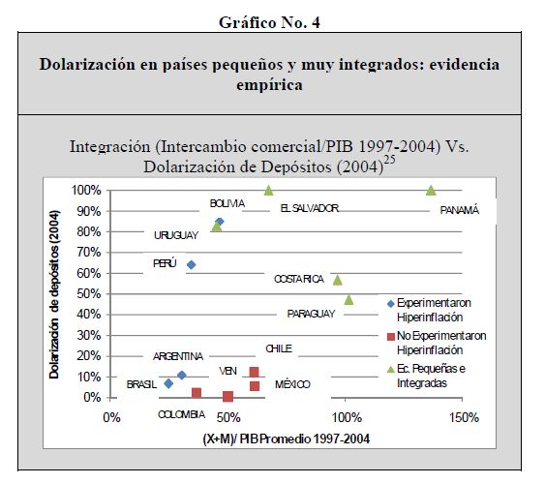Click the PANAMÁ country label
click(x=460, y=210)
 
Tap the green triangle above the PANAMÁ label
click(x=431, y=191)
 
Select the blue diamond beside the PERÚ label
click(x=191, y=265)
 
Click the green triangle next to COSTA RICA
click(x=338, y=280)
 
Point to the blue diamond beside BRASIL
click(x=168, y=383)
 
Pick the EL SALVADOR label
click(x=310, y=208)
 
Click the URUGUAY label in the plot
click(x=176, y=235)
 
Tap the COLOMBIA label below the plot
click(x=181, y=414)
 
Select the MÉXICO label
click(x=292, y=384)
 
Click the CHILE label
click(x=279, y=348)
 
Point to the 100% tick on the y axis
click(x=86, y=191)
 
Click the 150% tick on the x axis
click(x=464, y=417)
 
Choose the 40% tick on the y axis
click(x=89, y=315)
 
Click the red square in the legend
click(x=391, y=336)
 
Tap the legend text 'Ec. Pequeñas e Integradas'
click(x=431, y=376)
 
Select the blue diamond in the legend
click(x=391, y=304)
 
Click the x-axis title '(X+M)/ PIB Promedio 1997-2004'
click(x=287, y=439)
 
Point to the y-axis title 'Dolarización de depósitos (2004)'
click(x=54, y=294)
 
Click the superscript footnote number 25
click(x=389, y=160)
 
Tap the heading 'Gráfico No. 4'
click(x=269, y=23)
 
